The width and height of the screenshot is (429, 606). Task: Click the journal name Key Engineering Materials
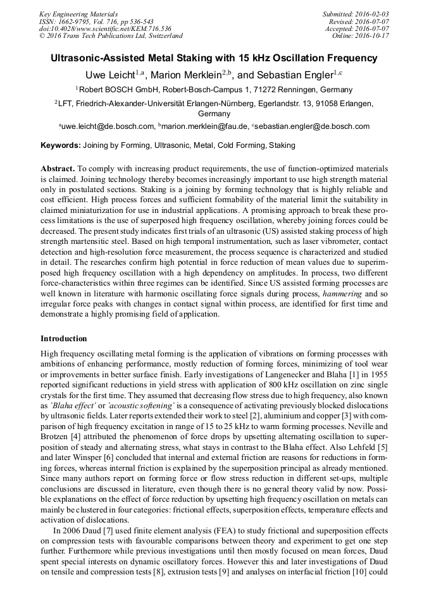(x=79, y=14)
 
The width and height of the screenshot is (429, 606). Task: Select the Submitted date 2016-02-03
(x=371, y=14)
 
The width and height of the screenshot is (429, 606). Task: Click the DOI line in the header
(x=105, y=29)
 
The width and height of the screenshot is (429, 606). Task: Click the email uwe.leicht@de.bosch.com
(x=108, y=126)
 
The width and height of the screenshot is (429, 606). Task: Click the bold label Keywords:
(x=61, y=145)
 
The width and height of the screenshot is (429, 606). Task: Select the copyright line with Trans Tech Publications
(x=111, y=37)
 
